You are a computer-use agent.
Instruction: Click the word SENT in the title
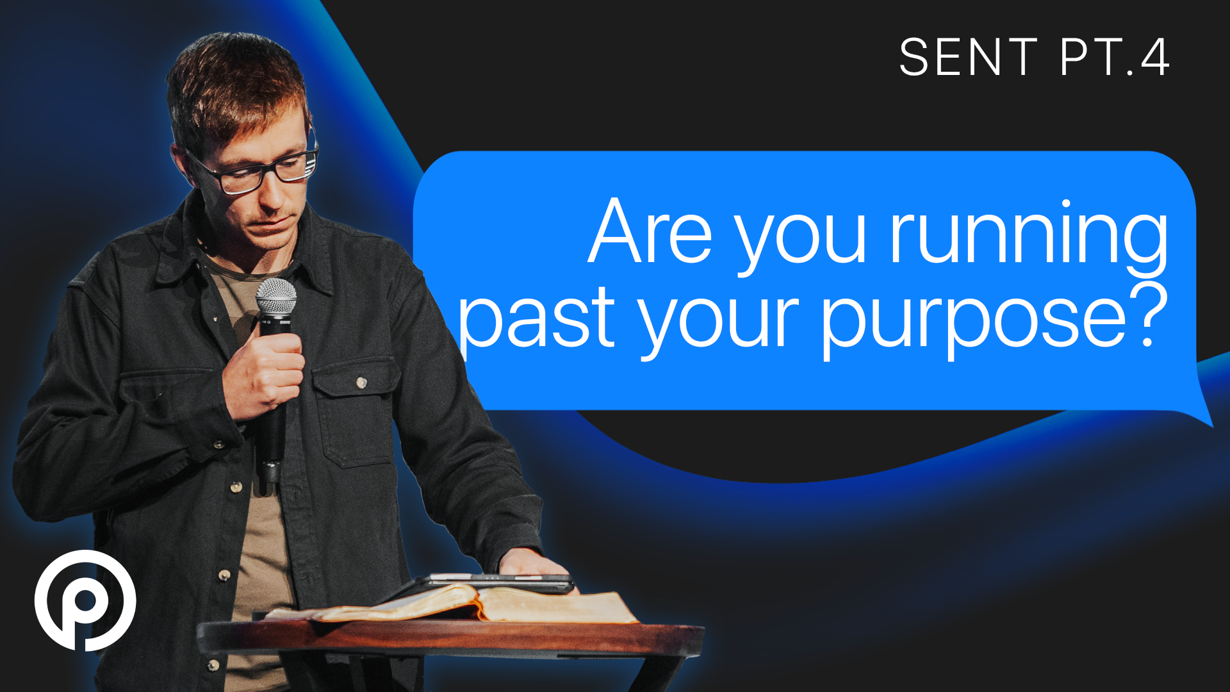[968, 57]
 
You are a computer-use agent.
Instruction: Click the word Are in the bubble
[650, 232]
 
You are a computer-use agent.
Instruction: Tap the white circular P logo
[85, 600]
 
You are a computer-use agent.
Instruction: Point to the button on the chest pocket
[361, 383]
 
